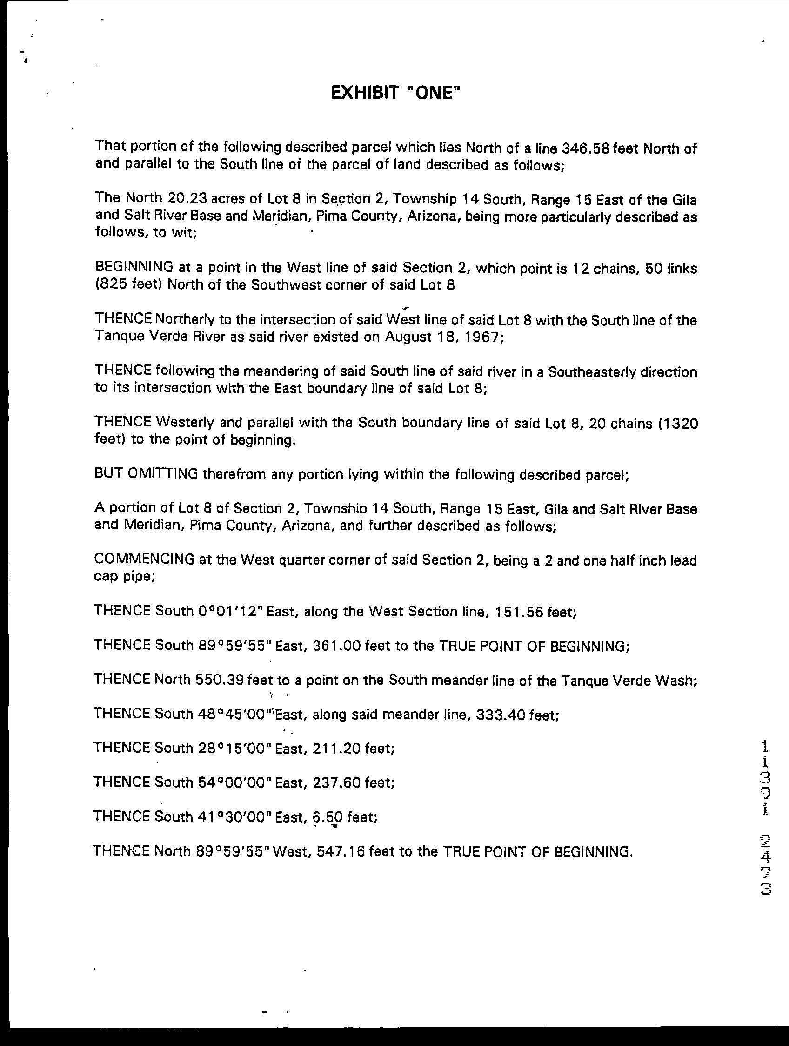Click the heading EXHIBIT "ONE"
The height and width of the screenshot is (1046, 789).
tap(394, 93)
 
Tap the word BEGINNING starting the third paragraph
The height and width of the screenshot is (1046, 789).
tap(134, 267)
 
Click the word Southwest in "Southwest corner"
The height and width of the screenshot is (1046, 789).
tap(335, 285)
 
